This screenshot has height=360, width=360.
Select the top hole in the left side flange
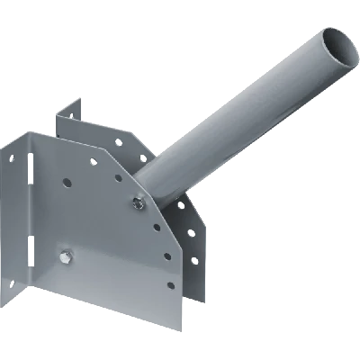click(12, 162)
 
